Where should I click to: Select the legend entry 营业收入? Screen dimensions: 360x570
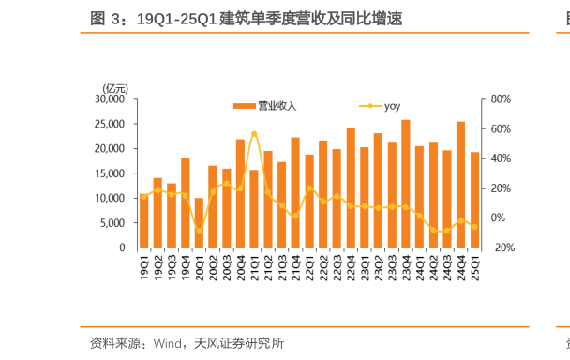pos(266,106)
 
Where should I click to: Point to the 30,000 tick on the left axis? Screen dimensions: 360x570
pos(111,98)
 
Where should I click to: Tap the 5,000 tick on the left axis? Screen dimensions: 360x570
pos(113,223)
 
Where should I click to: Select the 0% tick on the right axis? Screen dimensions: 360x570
pos(499,217)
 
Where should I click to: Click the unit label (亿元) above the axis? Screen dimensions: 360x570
pos(115,87)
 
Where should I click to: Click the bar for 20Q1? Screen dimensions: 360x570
pos(199,223)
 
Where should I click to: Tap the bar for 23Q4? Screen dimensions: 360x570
pos(405,184)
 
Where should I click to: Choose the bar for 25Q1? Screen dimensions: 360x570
pos(474,200)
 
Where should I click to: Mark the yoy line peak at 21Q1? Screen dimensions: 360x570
pos(254,133)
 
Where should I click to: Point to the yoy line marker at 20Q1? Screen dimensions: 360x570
pos(199,231)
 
